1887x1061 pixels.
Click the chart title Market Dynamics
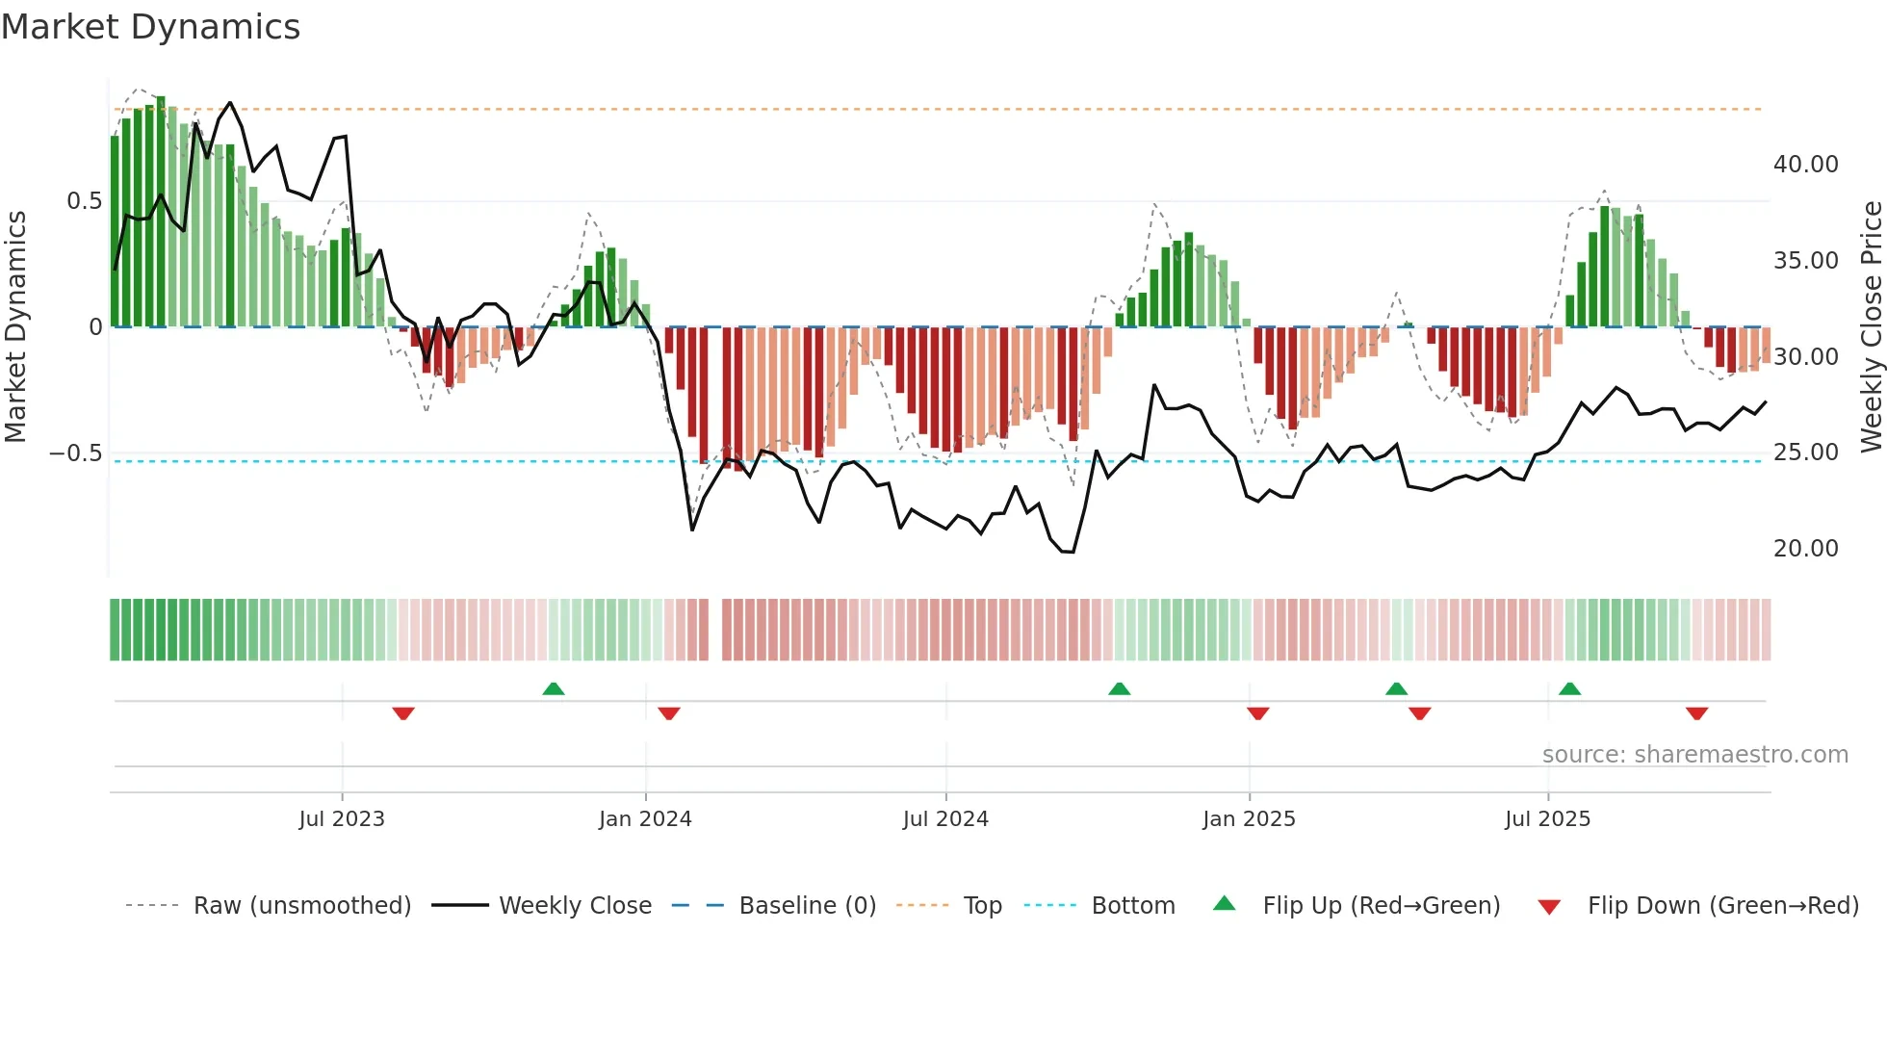pyautogui.click(x=150, y=27)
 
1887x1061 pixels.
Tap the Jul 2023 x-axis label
pyautogui.click(x=341, y=818)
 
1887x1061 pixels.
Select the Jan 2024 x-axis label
pyautogui.click(x=645, y=818)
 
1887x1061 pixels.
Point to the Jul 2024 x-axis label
pyautogui.click(x=945, y=818)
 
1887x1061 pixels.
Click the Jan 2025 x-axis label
pyautogui.click(x=1249, y=818)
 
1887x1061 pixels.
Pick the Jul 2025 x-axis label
pyautogui.click(x=1547, y=818)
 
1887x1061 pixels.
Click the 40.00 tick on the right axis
pyautogui.click(x=1805, y=165)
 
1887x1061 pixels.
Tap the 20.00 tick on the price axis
pyautogui.click(x=1805, y=549)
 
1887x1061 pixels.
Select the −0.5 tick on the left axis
pyautogui.click(x=75, y=453)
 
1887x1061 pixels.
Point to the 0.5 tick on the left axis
pyautogui.click(x=84, y=201)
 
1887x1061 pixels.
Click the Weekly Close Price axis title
pyautogui.click(x=1871, y=326)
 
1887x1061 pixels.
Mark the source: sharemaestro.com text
pyautogui.click(x=1694, y=755)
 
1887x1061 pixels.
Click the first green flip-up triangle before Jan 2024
pyautogui.click(x=553, y=689)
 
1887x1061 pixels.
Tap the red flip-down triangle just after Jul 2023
pyautogui.click(x=403, y=713)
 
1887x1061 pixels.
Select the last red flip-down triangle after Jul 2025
pyautogui.click(x=1696, y=713)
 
